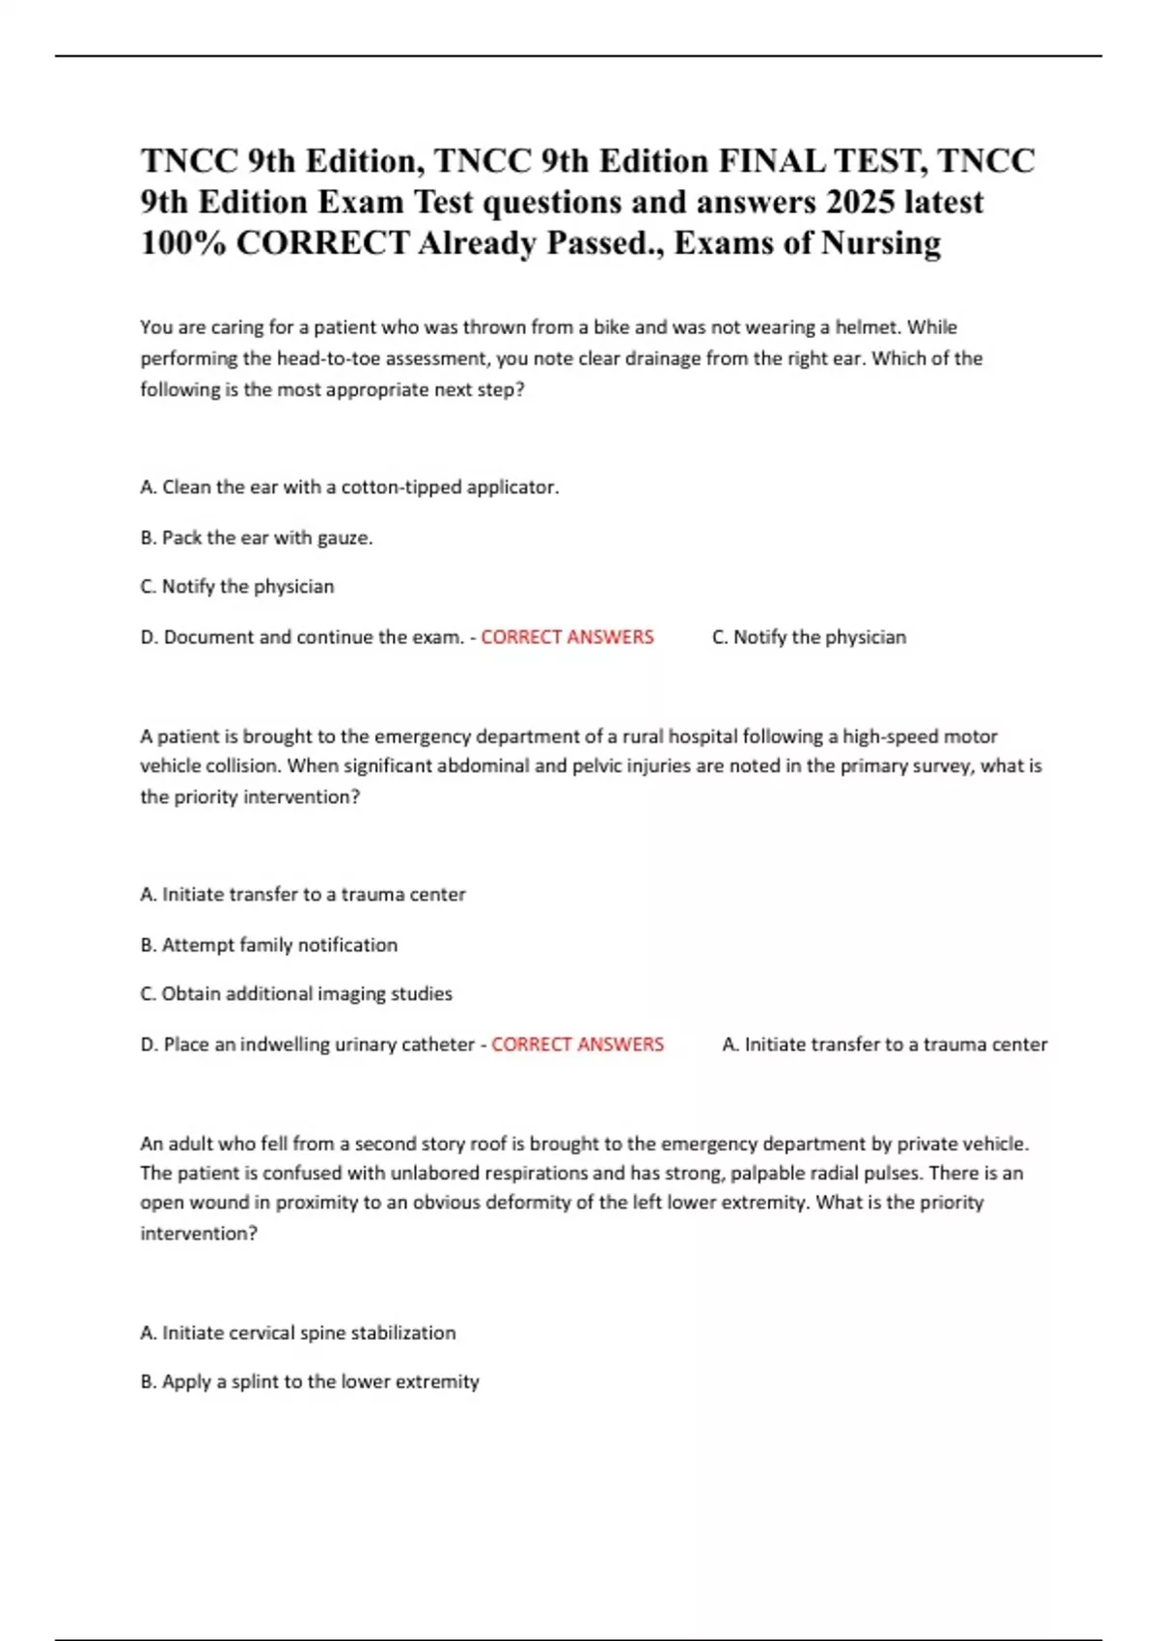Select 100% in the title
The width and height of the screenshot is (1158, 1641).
[x=183, y=243]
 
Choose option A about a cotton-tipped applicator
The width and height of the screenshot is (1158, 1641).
[x=349, y=487]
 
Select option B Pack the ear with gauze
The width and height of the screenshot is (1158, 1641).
[x=257, y=538]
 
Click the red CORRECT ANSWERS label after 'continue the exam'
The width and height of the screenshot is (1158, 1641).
[x=567, y=637]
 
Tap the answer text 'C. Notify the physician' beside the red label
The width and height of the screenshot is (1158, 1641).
[x=809, y=637]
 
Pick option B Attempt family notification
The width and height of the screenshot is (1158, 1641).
[x=269, y=945]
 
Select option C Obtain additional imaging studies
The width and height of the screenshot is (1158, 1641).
[x=296, y=994]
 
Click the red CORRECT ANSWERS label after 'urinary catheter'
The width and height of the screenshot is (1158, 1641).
[x=577, y=1044]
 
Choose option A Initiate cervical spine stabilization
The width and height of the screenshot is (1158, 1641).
[x=298, y=1333]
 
